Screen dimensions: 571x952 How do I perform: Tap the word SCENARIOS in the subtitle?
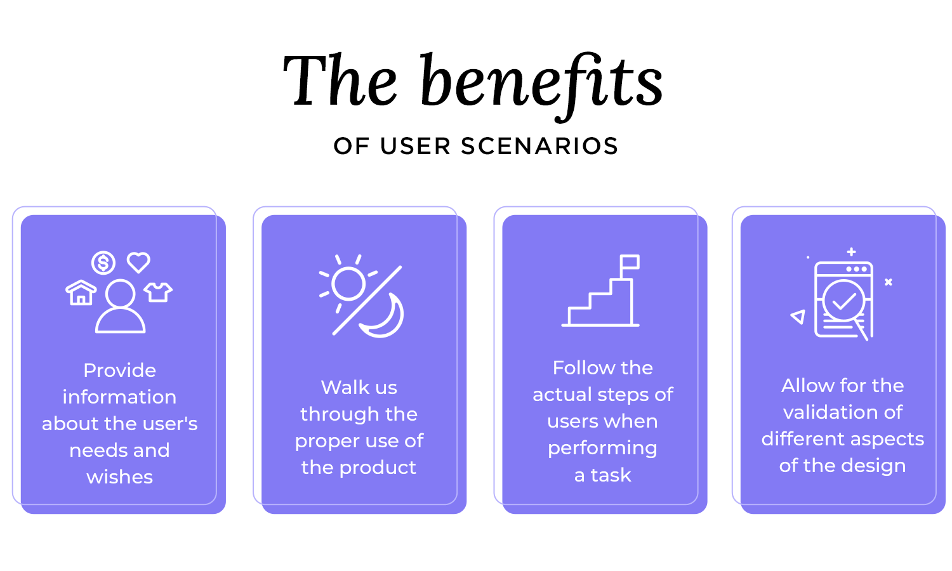coord(539,147)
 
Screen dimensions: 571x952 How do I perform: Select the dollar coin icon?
coord(103,262)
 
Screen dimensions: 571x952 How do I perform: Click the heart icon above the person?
coord(138,261)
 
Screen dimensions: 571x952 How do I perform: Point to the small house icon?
coord(81,293)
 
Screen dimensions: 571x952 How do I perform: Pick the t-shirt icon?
coord(158,292)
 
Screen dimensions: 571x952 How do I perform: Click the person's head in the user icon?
coord(120,294)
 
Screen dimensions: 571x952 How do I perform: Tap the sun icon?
coord(348,284)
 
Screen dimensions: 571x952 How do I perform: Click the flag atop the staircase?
coord(630,262)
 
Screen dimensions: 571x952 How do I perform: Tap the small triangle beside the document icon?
coord(798,317)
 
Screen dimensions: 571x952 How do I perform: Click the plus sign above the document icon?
coord(852,252)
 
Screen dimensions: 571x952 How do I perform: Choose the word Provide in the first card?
coord(119,370)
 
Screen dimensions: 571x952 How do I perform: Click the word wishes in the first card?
coord(119,476)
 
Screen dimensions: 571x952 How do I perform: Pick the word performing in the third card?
coord(602,448)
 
